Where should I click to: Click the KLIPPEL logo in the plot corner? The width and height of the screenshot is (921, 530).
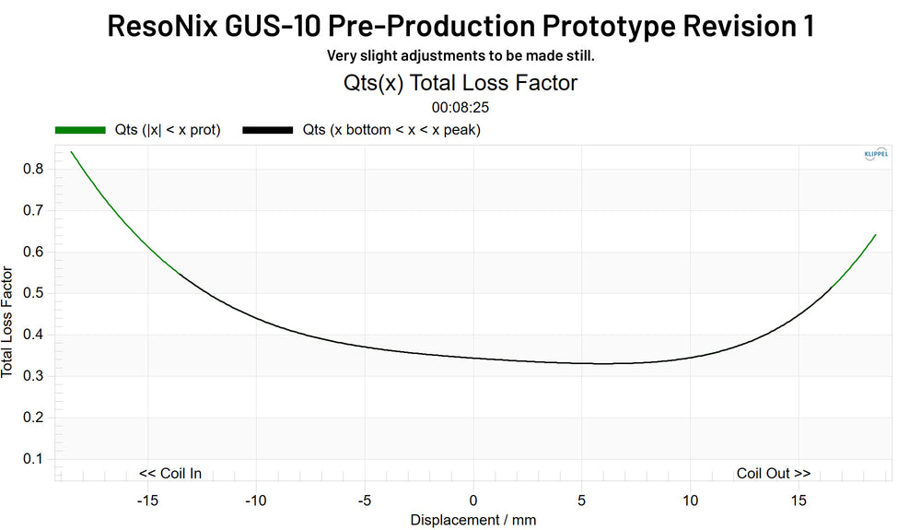[876, 155]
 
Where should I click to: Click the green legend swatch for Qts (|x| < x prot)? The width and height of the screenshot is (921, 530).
[80, 130]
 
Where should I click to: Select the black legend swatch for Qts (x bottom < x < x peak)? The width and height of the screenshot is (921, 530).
[267, 130]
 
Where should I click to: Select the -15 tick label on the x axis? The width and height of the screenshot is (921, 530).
[146, 500]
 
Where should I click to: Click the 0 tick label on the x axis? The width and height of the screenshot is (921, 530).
[473, 500]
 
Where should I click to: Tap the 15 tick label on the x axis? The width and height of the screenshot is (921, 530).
[799, 500]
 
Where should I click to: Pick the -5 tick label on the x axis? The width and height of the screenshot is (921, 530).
[364, 500]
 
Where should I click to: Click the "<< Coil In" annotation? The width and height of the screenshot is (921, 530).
[170, 474]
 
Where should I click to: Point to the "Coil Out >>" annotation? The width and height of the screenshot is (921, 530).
[774, 474]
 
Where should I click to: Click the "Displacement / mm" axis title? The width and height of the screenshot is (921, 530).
[472, 520]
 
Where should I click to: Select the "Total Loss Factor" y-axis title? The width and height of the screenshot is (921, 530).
[8, 323]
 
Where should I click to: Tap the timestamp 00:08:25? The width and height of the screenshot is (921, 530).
[460, 107]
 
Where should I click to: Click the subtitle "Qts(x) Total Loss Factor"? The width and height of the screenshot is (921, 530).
[460, 83]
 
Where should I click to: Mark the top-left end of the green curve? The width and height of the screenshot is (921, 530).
[71, 151]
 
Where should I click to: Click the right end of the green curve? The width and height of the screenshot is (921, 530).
[875, 234]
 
